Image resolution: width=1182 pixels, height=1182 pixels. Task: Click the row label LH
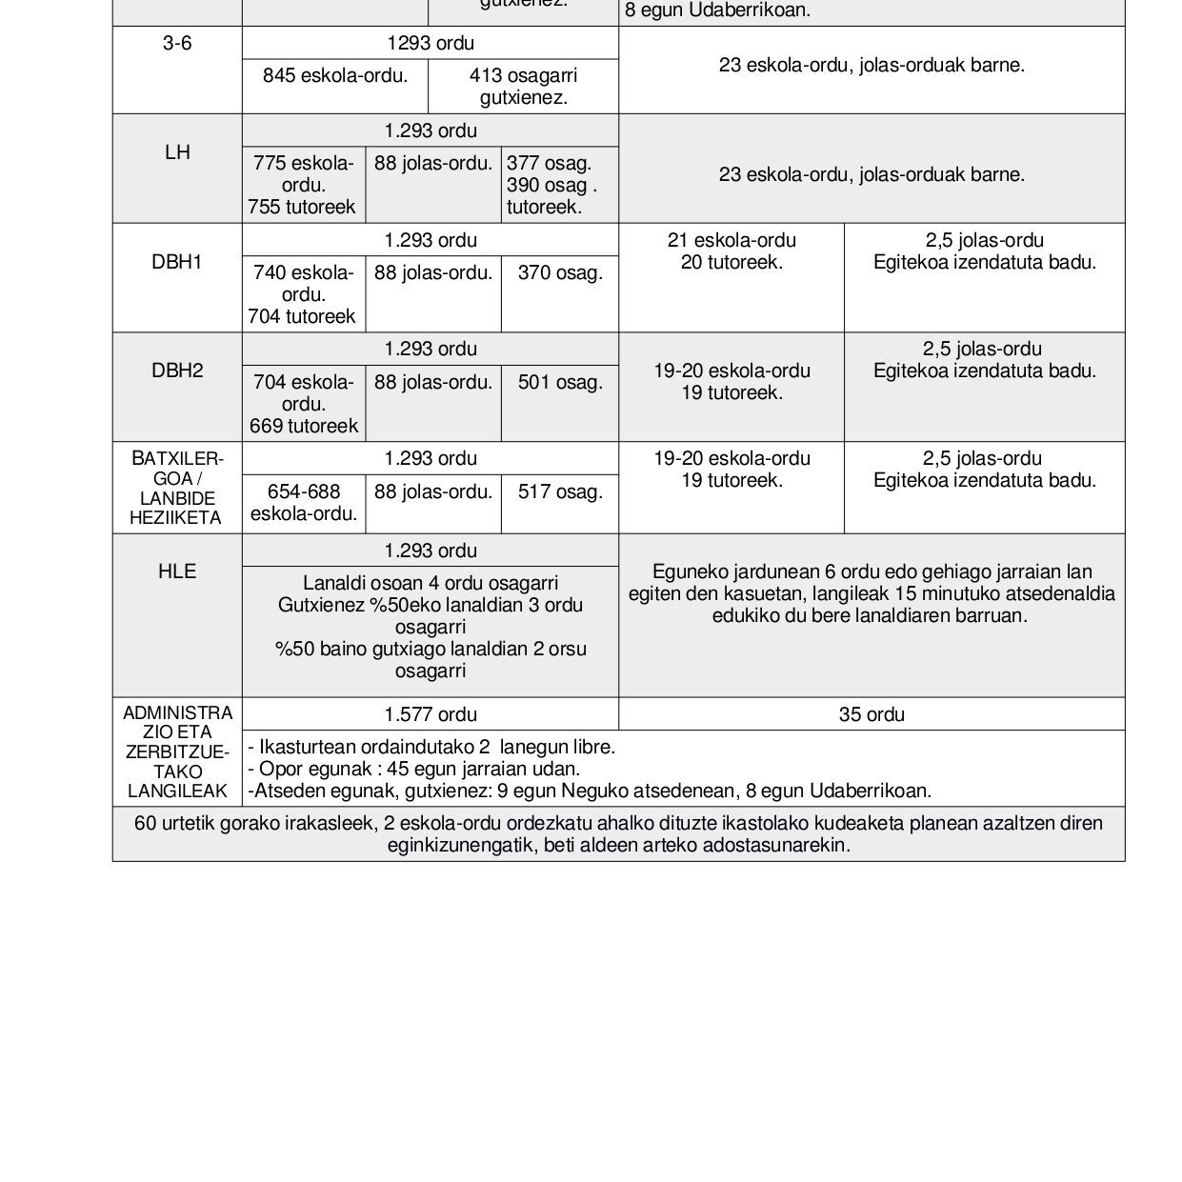tap(177, 152)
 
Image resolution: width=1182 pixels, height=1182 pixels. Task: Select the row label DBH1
tap(177, 262)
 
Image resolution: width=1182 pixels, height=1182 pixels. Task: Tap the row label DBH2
tap(177, 371)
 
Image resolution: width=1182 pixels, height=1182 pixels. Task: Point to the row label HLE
tap(177, 571)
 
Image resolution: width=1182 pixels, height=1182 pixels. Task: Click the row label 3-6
tap(177, 43)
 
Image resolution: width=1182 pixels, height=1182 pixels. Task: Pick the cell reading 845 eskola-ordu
tap(335, 76)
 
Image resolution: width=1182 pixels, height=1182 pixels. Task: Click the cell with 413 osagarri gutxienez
tap(523, 86)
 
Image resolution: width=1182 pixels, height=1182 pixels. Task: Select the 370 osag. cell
tap(560, 273)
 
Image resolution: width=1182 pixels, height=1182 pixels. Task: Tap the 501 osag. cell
tap(560, 383)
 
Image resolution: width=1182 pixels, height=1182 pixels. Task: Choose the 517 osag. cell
tap(560, 492)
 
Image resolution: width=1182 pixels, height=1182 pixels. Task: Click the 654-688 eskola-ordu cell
tap(304, 503)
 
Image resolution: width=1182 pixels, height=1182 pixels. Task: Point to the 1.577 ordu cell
tap(431, 714)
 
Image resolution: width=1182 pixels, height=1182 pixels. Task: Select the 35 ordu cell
tap(871, 714)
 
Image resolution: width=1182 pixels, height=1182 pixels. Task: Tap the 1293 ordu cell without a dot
tap(431, 43)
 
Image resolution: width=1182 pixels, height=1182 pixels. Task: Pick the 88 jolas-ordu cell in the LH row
tap(433, 164)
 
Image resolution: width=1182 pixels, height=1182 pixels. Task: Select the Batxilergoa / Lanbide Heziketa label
tap(177, 489)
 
